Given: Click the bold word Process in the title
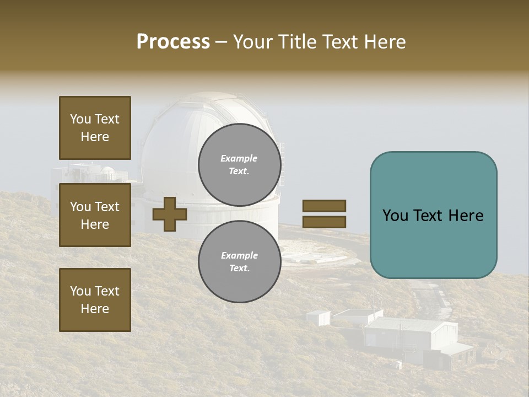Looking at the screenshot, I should pyautogui.click(x=173, y=42).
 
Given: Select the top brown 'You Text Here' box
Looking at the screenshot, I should pyautogui.click(x=95, y=128).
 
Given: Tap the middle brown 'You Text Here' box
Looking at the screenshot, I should pyautogui.click(x=95, y=215).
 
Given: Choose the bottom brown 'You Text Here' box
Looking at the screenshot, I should pyautogui.click(x=95, y=299).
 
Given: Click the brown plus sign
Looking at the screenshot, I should pyautogui.click(x=170, y=214).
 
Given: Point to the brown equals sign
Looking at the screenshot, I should pyautogui.click(x=324, y=214).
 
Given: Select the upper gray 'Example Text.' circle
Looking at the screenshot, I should pyautogui.click(x=239, y=164).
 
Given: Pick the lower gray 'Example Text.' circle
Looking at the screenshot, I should pyautogui.click(x=239, y=261).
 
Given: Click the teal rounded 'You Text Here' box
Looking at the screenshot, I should pyautogui.click(x=433, y=215).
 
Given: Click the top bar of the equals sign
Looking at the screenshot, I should pyautogui.click(x=324, y=206).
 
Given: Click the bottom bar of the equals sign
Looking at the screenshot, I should pyautogui.click(x=324, y=222).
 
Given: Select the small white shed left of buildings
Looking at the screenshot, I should pyautogui.click(x=318, y=318).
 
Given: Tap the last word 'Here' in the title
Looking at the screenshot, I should pyautogui.click(x=385, y=42).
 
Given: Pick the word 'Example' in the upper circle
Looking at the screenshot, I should pyautogui.click(x=239, y=158).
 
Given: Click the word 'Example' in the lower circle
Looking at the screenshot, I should pyautogui.click(x=239, y=255).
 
